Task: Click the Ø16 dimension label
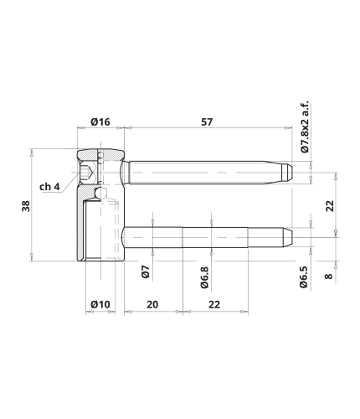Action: pyautogui.click(x=100, y=122)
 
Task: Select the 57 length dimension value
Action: pyautogui.click(x=207, y=122)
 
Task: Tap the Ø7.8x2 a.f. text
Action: pyautogui.click(x=306, y=127)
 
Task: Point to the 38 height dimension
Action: pyautogui.click(x=26, y=206)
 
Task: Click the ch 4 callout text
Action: pyautogui.click(x=49, y=187)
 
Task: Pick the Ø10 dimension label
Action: pyautogui.click(x=100, y=304)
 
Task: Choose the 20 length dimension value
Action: pyautogui.click(x=152, y=304)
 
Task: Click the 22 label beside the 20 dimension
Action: pyautogui.click(x=214, y=304)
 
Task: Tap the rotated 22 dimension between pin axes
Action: pyautogui.click(x=330, y=206)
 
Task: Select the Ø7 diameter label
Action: pyautogui.click(x=146, y=272)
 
